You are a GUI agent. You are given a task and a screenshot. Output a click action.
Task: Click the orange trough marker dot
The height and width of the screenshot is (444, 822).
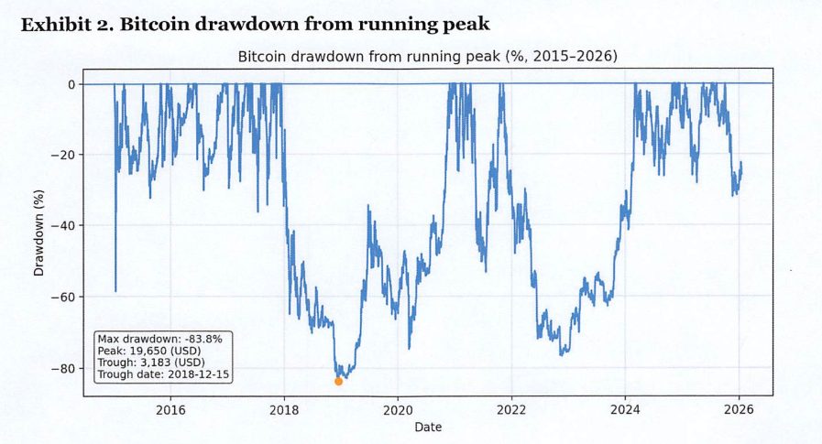click(338, 381)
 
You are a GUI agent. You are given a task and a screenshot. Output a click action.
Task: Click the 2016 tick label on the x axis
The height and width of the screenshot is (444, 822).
click(170, 410)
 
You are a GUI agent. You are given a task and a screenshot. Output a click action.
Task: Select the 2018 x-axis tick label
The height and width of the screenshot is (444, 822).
click(284, 410)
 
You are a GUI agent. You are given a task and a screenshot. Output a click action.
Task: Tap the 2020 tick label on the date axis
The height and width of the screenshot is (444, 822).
click(398, 410)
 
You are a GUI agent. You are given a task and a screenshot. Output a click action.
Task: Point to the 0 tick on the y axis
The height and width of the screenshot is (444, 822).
click(73, 84)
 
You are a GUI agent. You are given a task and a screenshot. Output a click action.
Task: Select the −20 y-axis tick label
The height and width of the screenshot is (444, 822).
click(66, 155)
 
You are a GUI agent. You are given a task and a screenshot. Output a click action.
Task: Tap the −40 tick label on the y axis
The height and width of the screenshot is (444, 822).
click(66, 226)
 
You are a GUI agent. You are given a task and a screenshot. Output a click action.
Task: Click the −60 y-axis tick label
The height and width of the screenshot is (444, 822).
click(66, 298)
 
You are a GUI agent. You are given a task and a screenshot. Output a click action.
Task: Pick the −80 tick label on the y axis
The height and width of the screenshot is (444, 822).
click(66, 368)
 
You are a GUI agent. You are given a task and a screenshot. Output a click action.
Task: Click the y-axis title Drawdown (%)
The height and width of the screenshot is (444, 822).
click(38, 236)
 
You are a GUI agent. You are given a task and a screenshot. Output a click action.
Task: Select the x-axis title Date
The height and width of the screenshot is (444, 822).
click(427, 427)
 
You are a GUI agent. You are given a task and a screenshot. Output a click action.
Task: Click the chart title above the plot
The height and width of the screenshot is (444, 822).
click(427, 57)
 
